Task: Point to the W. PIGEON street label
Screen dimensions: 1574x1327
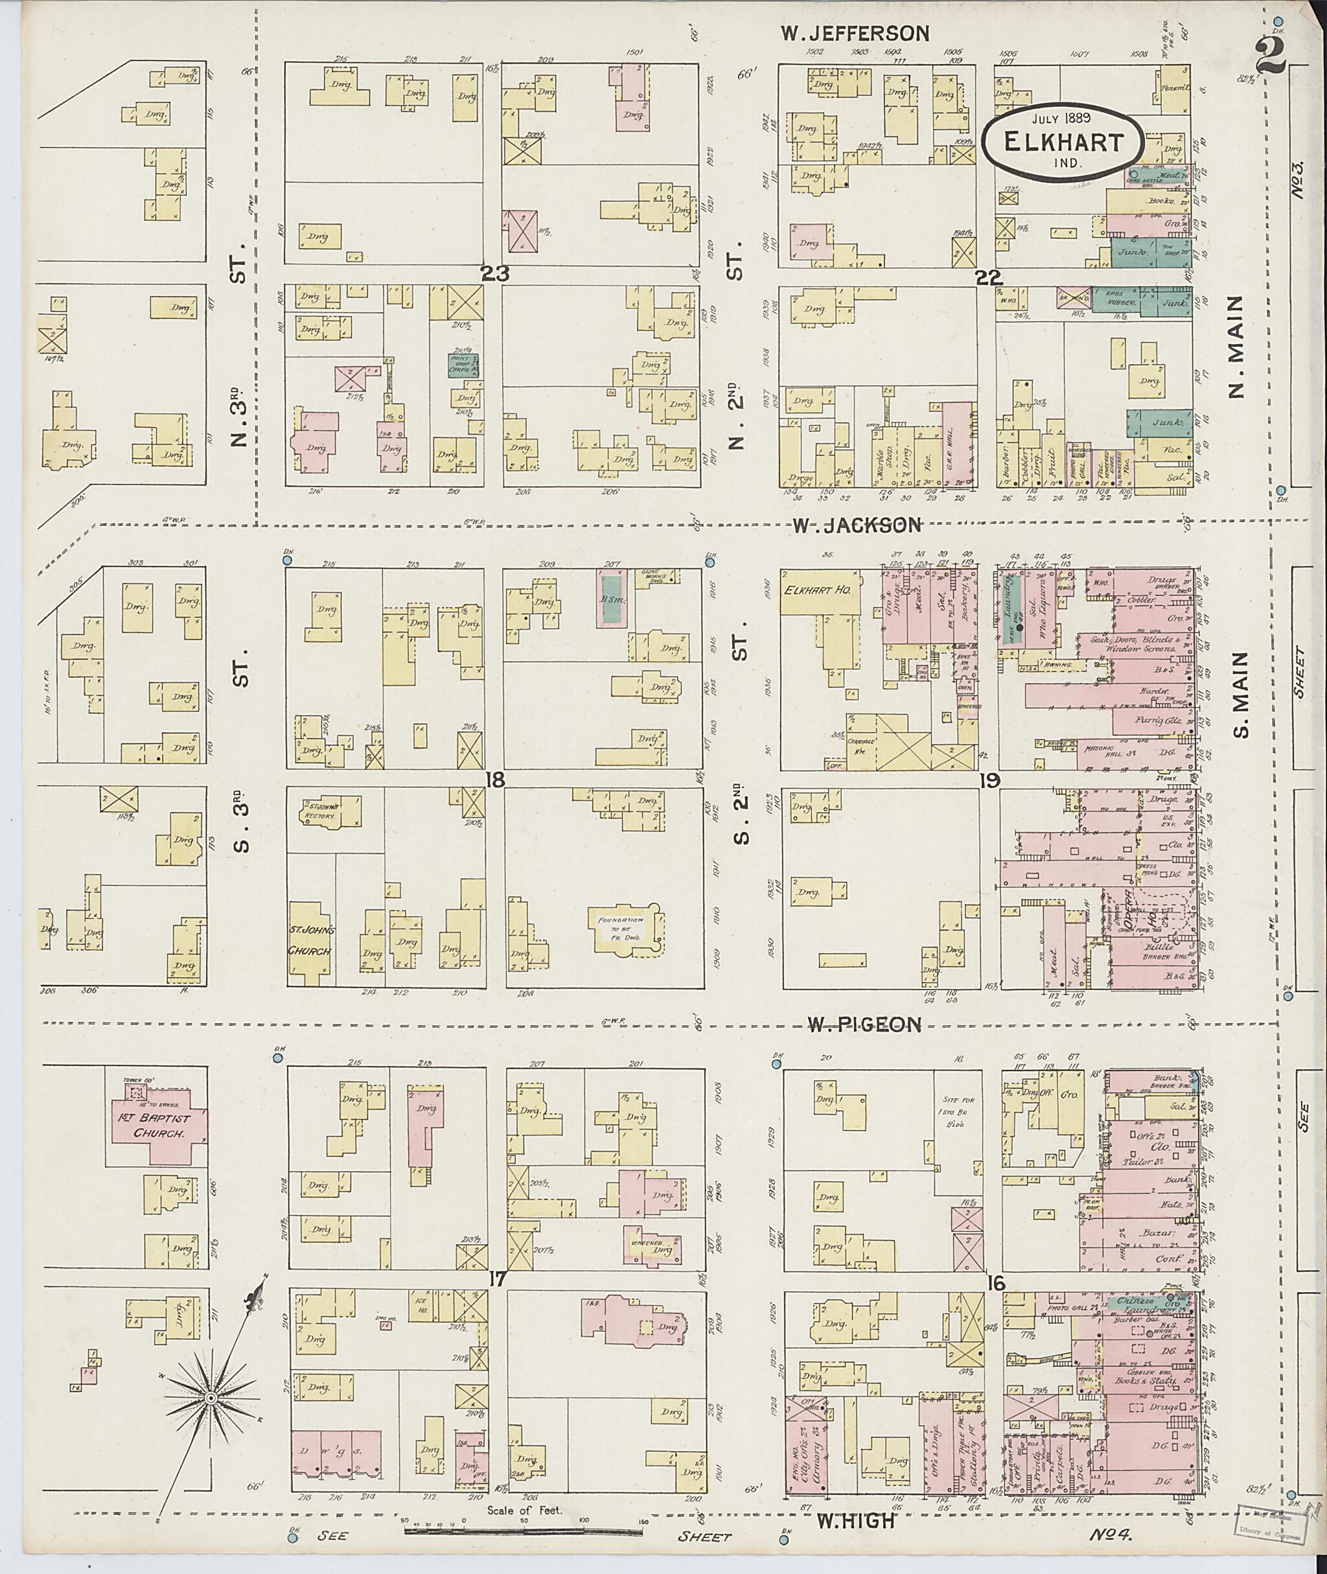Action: (x=864, y=1024)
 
